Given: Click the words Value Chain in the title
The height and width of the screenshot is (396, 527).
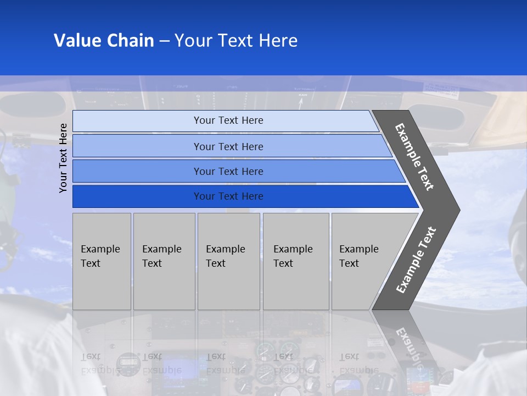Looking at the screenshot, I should click(x=104, y=41).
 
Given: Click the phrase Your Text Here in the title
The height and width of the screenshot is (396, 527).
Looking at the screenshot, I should click(x=236, y=41).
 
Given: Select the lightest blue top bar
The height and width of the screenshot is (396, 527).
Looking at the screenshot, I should click(x=137, y=120).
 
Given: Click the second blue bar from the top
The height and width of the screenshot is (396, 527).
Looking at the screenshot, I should click(x=137, y=146).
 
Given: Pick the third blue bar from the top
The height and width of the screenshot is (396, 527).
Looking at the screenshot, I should click(x=137, y=171).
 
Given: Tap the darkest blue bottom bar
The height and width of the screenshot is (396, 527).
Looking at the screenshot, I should click(x=137, y=196).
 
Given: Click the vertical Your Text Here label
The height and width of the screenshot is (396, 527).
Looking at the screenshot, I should click(x=64, y=158).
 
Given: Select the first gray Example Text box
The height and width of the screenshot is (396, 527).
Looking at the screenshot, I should click(x=102, y=261).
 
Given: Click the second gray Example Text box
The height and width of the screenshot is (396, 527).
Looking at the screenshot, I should click(x=164, y=261).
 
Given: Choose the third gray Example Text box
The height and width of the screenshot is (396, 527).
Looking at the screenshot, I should click(x=228, y=261).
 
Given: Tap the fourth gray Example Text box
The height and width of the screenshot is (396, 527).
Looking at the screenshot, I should click(x=296, y=261).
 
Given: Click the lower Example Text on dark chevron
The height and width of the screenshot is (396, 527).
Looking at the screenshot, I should click(x=416, y=260).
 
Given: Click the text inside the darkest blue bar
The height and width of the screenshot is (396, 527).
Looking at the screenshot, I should click(x=228, y=196).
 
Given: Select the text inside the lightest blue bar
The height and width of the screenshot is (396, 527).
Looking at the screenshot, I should click(x=228, y=120).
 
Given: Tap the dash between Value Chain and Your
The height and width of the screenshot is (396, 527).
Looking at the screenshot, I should click(x=164, y=41).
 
